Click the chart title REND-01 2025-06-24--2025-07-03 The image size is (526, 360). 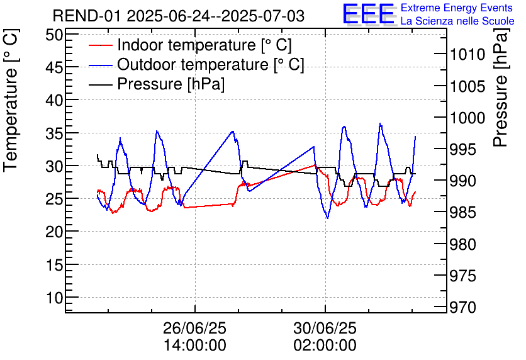(x=179, y=16)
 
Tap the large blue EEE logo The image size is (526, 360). (x=369, y=14)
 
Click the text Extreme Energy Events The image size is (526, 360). (x=457, y=8)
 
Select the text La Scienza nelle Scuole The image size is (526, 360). (x=457, y=21)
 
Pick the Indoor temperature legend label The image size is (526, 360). (x=204, y=45)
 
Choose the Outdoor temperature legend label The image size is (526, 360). (x=211, y=64)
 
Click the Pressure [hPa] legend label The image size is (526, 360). (x=171, y=84)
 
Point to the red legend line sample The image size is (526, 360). (x=100, y=45)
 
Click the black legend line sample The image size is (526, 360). (x=100, y=84)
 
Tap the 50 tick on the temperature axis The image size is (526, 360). (x=54, y=35)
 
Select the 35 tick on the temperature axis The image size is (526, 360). (x=54, y=133)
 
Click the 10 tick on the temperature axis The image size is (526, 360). (x=54, y=298)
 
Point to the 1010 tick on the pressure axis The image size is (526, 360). (x=467, y=54)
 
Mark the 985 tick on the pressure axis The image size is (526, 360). (x=462, y=212)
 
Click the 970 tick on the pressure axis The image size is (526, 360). (x=462, y=307)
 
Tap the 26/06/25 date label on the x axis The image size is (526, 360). (x=194, y=328)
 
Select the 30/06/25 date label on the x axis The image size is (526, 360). (x=325, y=328)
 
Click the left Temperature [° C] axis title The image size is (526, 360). (x=11, y=100)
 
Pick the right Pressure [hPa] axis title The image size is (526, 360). (x=501, y=87)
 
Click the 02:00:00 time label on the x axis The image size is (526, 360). (x=325, y=346)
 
